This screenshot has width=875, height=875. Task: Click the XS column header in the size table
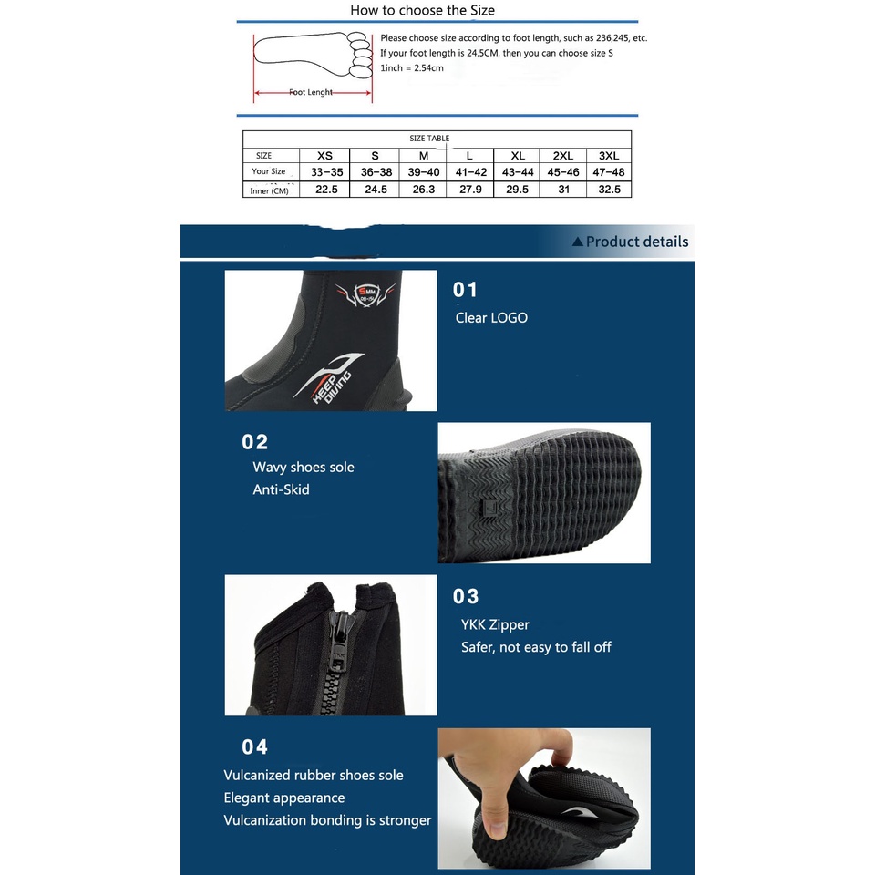coord(324,156)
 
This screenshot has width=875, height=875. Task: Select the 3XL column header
coord(610,156)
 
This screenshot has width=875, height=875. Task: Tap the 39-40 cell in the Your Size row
coord(424,172)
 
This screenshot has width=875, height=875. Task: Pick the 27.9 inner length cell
coord(470,190)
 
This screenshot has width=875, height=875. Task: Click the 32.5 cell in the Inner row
coord(610,190)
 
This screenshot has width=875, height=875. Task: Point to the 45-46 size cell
coord(562,172)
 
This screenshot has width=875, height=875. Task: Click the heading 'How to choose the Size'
coord(423,11)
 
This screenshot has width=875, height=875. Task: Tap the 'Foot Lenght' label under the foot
coord(312,93)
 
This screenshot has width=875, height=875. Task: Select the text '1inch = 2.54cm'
coord(412,68)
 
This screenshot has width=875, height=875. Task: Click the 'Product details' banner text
coord(636,242)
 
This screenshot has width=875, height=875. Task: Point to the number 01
coord(466,290)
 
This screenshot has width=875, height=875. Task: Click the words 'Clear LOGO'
coord(491,318)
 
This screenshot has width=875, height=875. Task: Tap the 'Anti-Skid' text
coord(281,489)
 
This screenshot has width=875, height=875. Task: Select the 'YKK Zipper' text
coord(495,624)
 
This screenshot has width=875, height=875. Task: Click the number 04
coord(255,747)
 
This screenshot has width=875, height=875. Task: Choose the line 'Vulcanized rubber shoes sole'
coord(314,776)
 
